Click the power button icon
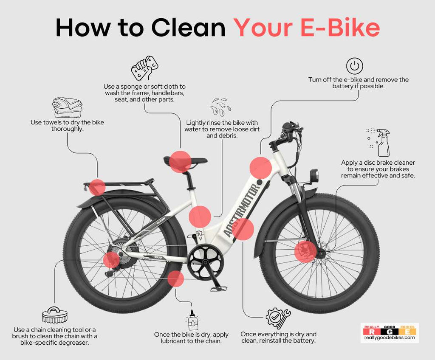[354, 66]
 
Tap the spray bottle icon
[381, 143]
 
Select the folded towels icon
[67, 107]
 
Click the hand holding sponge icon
[144, 68]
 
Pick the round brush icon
[54, 315]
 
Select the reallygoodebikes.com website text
[389, 338]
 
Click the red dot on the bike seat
[180, 161]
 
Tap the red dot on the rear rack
[97, 187]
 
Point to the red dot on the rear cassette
[111, 260]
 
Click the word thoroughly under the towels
[67, 129]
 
